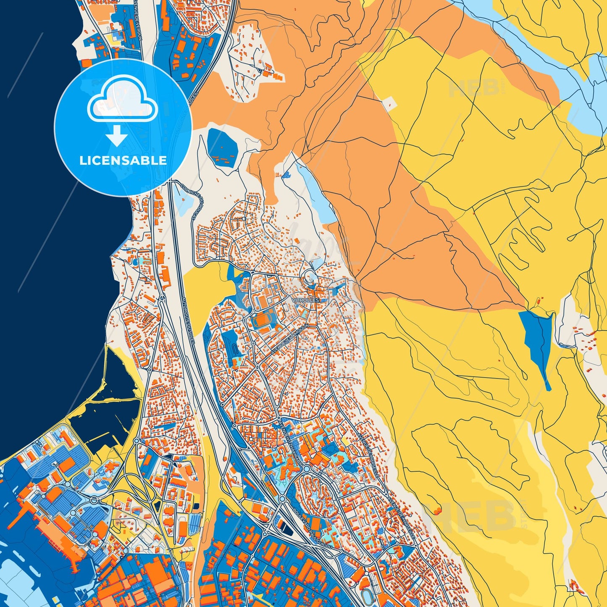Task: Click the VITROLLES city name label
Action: tap(306, 300)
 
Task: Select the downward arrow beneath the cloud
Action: tap(117, 136)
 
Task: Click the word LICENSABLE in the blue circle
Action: tap(123, 160)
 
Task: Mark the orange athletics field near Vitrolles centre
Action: tap(263, 321)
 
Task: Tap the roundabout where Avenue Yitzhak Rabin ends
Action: tap(307, 468)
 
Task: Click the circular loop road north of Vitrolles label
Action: tap(310, 277)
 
